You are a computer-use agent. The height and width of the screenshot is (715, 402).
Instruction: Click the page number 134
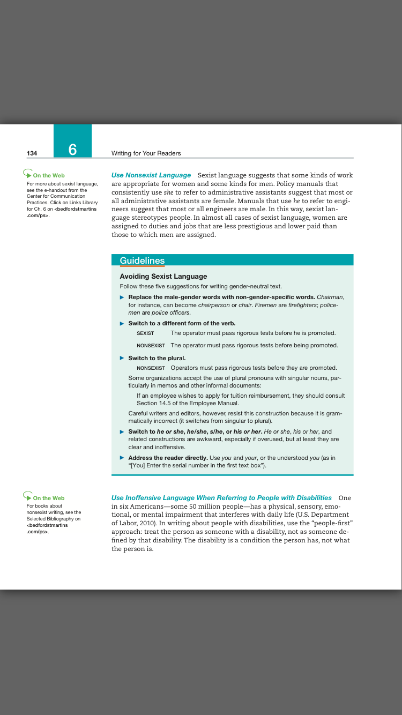(x=32, y=153)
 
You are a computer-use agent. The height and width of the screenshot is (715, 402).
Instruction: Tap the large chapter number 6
(x=72, y=149)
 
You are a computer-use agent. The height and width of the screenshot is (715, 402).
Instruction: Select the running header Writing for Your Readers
(x=146, y=153)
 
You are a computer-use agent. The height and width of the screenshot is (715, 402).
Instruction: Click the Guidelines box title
(x=142, y=261)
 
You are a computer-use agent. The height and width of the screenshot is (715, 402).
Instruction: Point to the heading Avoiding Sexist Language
(x=163, y=277)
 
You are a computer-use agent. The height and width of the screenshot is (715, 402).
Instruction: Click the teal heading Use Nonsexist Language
(x=151, y=175)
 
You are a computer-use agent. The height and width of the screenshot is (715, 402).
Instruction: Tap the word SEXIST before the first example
(x=145, y=333)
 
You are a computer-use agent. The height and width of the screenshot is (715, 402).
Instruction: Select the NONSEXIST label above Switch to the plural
(x=151, y=346)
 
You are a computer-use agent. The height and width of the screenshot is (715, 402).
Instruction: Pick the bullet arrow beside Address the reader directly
(x=122, y=458)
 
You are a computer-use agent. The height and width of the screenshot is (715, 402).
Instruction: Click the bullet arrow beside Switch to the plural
(x=122, y=358)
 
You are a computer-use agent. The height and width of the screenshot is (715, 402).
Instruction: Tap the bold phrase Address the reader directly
(x=168, y=458)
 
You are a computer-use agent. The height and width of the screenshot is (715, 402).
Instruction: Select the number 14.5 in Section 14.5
(x=166, y=403)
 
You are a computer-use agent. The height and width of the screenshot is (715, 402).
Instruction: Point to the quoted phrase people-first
(x=328, y=522)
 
